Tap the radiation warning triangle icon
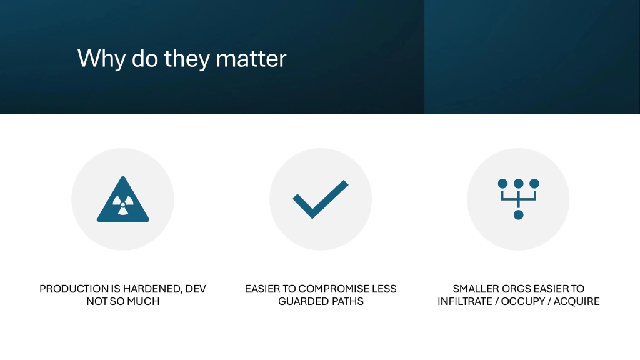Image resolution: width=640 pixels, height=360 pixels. pos(123,201)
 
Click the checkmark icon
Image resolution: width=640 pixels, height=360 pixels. pos(320,199)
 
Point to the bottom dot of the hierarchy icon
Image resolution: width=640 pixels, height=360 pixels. pos(518,215)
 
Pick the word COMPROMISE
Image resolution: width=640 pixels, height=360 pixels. pos(336,289)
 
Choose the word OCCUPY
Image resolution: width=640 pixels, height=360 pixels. pos(527,301)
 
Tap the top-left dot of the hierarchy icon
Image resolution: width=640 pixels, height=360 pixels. pos(502,184)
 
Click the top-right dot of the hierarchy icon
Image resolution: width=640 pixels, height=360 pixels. pos(534,184)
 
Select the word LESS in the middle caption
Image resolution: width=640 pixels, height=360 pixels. pos(383,289)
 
